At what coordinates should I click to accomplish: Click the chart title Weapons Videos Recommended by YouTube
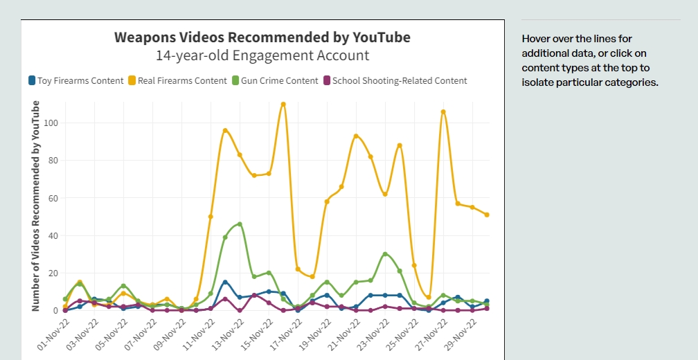click(262, 37)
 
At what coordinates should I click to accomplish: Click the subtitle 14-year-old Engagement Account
click(262, 55)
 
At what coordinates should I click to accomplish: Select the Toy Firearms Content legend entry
click(75, 80)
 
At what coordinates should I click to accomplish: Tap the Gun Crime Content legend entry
click(275, 80)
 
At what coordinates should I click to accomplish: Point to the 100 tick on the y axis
click(52, 123)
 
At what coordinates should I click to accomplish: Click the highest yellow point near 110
click(283, 105)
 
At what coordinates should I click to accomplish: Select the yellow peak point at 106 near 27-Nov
click(443, 112)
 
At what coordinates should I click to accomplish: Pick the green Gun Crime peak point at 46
click(240, 224)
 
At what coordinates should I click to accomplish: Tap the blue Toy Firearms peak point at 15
click(225, 282)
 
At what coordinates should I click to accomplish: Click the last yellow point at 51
click(487, 215)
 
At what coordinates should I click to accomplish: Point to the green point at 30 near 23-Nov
click(385, 254)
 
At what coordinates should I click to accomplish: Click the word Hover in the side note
click(537, 39)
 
